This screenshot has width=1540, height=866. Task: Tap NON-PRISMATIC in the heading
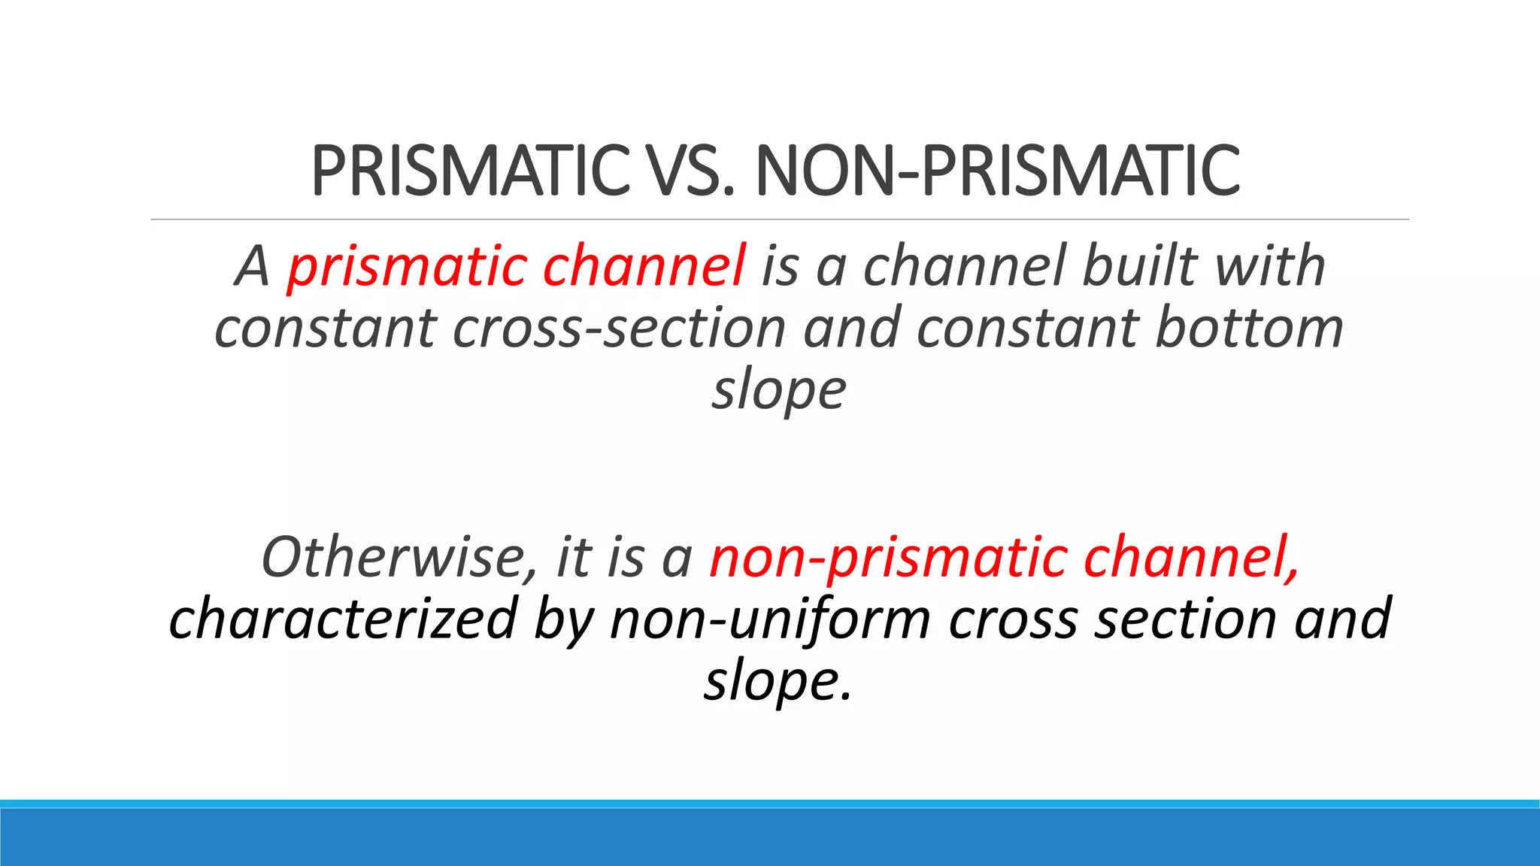[x=997, y=171]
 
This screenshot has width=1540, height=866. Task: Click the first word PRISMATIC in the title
[x=470, y=171]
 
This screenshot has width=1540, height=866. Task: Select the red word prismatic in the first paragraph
[x=407, y=267]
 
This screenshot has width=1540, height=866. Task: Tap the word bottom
[x=1249, y=329]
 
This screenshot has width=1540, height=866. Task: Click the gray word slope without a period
[x=779, y=391]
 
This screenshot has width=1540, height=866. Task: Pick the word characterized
[x=343, y=619]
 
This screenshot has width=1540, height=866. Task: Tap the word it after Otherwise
[x=574, y=557]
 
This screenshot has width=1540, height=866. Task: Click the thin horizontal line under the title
[x=779, y=220]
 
